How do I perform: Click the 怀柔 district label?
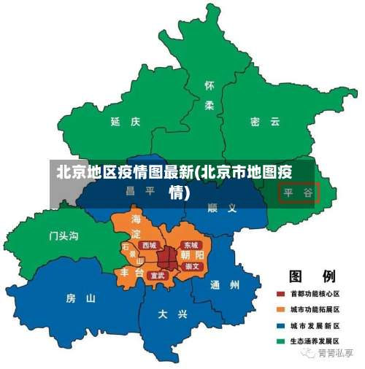click(x=210, y=96)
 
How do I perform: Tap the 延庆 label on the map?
click(x=125, y=122)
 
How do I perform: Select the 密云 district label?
click(x=264, y=122)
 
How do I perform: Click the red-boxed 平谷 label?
click(x=299, y=193)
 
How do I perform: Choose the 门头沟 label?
click(x=64, y=236)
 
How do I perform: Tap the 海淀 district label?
click(x=137, y=226)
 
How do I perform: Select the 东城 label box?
click(x=191, y=246)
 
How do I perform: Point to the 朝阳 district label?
click(x=192, y=256)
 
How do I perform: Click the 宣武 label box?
click(x=157, y=276)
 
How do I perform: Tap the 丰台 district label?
click(x=132, y=272)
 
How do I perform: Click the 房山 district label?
click(x=80, y=298)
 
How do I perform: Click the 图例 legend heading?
click(x=312, y=276)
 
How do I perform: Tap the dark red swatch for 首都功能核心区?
click(x=280, y=294)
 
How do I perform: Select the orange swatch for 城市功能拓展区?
click(x=280, y=309)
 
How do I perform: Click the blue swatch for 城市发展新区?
click(x=280, y=325)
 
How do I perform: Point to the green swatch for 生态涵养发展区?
click(x=280, y=341)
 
